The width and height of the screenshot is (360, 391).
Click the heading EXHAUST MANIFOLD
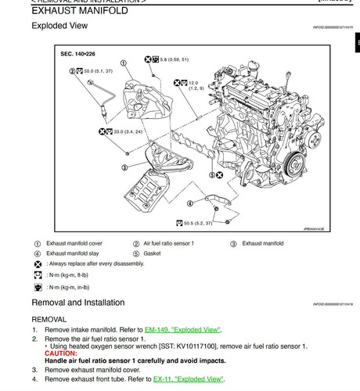tap(81, 10)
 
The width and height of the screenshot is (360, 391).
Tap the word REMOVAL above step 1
tap(49, 319)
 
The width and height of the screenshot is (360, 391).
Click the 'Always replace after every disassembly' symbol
tap(38, 264)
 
